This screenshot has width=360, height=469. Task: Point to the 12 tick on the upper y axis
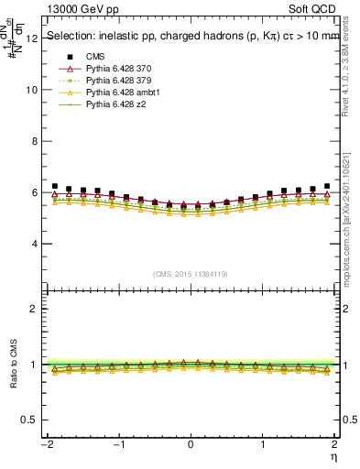click(x=33, y=39)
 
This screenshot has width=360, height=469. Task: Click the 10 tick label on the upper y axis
click(x=33, y=91)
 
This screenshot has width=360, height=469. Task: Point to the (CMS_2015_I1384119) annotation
click(x=191, y=274)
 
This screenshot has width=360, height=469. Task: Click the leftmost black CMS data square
click(x=55, y=187)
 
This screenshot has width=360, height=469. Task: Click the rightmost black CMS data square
click(x=327, y=187)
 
